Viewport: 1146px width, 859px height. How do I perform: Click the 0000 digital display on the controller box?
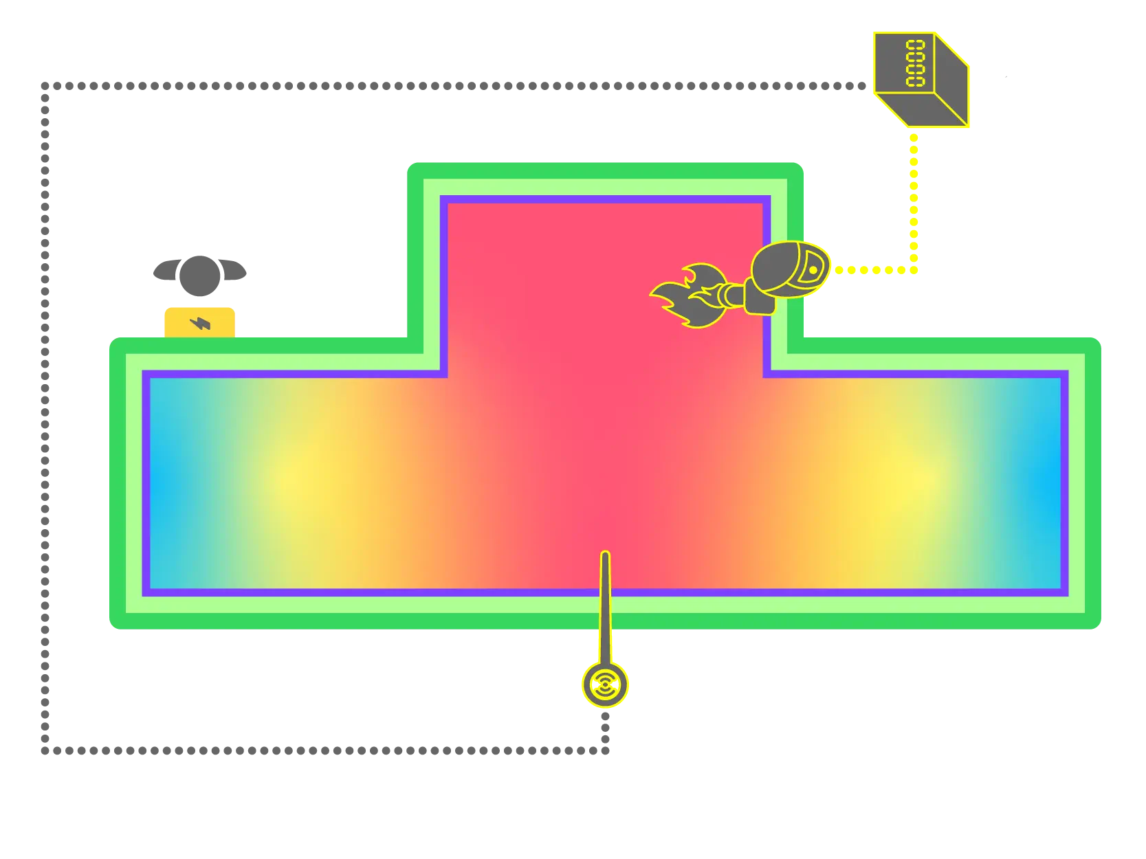[x=915, y=63]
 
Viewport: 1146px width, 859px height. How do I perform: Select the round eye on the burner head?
[x=813, y=270]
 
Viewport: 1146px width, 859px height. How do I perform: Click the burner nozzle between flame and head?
[x=731, y=295]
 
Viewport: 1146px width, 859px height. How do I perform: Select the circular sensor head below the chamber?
[x=605, y=684]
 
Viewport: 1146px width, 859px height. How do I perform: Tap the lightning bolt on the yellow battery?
[x=200, y=322]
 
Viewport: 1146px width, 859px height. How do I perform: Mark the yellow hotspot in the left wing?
[x=292, y=478]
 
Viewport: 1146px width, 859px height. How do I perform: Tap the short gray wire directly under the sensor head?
[x=605, y=728]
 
